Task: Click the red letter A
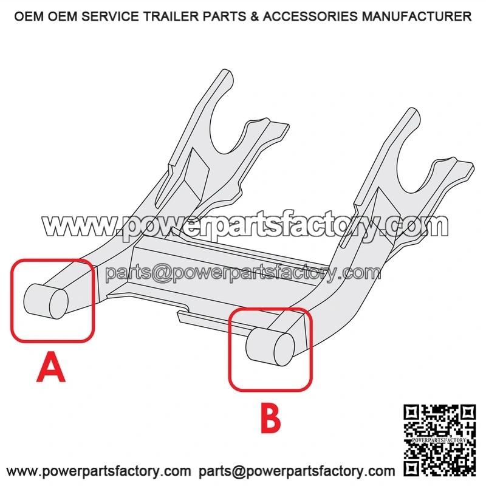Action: click(51, 367)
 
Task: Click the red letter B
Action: click(270, 417)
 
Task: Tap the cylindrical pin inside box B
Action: click(270, 346)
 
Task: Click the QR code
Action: click(439, 440)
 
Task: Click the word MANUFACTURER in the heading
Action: click(417, 16)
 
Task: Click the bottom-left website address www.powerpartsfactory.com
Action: click(98, 471)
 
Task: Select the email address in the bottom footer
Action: click(296, 471)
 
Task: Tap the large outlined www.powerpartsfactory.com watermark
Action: click(245, 225)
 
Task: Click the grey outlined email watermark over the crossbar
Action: click(243, 273)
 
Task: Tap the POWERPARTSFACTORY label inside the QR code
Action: click(439, 440)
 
